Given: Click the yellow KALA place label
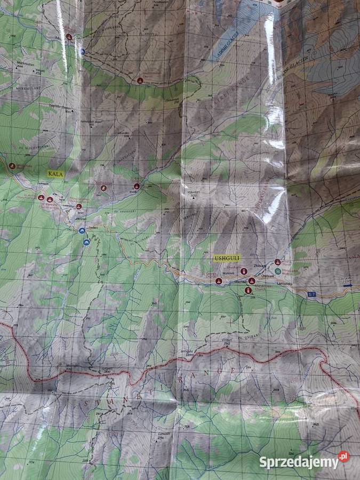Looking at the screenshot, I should click(x=55, y=174).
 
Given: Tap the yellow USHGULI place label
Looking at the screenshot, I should click(x=225, y=258).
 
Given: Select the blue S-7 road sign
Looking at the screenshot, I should click(x=312, y=294).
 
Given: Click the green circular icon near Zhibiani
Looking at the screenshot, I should click(x=277, y=271).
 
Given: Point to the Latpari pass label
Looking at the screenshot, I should click(x=105, y=368).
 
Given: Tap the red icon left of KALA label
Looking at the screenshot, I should click(x=12, y=166).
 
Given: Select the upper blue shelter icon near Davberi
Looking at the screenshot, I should click(x=82, y=230).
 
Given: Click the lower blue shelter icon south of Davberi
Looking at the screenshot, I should click(x=86, y=243).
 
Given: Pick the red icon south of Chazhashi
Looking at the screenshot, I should click(x=248, y=290).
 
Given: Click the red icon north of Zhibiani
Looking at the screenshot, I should click(x=277, y=262).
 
